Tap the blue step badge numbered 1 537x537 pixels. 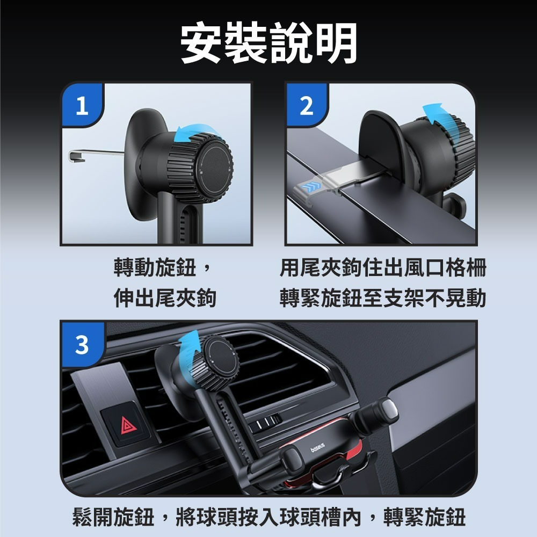point(81,107)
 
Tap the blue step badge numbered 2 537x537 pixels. point(306,107)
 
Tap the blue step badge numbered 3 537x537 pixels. point(81,345)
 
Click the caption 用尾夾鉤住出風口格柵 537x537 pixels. point(382,267)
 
